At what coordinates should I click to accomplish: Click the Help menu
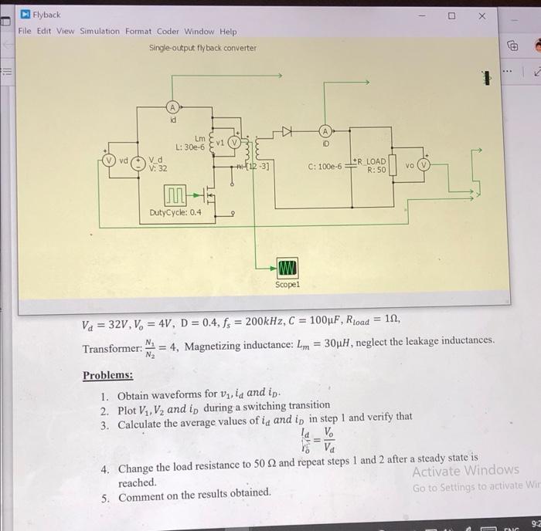[228, 31]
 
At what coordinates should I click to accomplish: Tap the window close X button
[481, 15]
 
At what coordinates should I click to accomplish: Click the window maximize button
[451, 15]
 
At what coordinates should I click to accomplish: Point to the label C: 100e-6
[325, 166]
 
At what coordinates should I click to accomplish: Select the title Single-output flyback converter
[202, 48]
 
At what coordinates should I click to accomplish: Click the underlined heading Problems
[107, 375]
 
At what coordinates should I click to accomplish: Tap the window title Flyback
[47, 15]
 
